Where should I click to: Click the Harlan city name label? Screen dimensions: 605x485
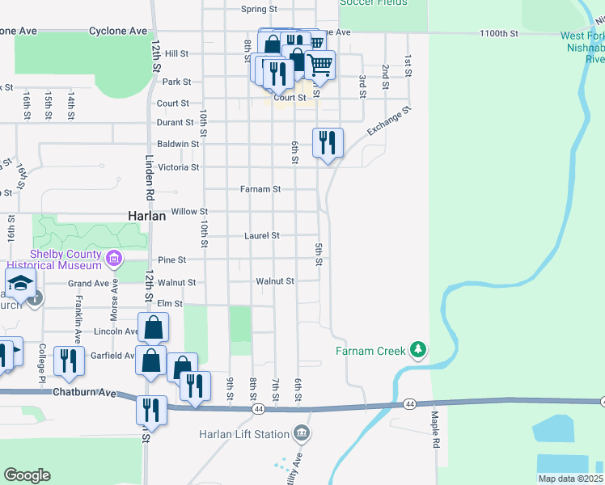(147, 216)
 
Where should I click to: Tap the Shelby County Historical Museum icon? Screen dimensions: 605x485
(114, 259)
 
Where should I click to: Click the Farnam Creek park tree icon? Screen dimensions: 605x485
(417, 350)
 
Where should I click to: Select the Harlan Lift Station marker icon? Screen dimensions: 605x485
(301, 434)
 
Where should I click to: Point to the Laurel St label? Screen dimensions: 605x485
(261, 236)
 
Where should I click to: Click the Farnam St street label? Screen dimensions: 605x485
(260, 189)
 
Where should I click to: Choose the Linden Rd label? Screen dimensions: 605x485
(150, 177)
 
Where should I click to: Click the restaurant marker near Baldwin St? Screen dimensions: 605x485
(328, 143)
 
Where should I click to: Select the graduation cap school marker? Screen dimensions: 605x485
(19, 284)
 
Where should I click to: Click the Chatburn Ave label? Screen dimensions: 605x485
(80, 392)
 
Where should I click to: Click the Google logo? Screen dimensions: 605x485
(27, 475)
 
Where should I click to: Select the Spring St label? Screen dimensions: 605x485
(259, 10)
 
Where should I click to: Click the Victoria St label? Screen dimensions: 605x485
(178, 167)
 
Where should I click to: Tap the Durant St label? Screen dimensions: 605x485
(176, 123)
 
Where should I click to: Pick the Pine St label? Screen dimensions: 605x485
(172, 260)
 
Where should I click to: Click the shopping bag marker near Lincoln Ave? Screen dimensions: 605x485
(153, 328)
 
